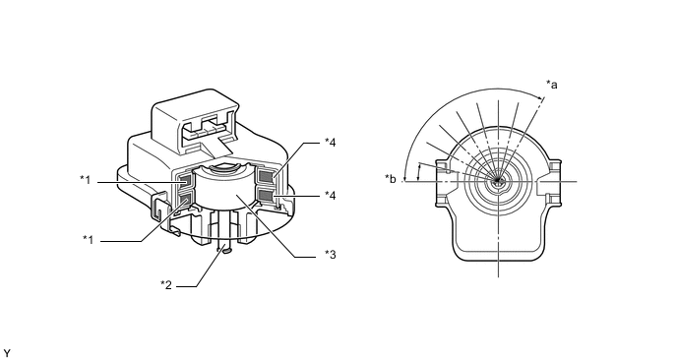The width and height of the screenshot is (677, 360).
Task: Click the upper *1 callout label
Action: [x=86, y=180]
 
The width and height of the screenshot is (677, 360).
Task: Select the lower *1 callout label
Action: [x=89, y=239]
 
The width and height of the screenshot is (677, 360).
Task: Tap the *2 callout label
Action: [x=166, y=284]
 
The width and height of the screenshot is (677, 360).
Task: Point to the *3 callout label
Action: [x=331, y=255]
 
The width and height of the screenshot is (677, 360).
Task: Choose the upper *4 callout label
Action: [x=331, y=142]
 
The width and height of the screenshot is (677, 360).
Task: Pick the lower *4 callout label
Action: [x=331, y=196]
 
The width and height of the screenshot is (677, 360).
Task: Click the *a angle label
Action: [x=552, y=85]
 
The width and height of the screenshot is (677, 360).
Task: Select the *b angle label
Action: [x=391, y=179]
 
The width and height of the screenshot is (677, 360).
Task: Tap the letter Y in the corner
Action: [x=7, y=354]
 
